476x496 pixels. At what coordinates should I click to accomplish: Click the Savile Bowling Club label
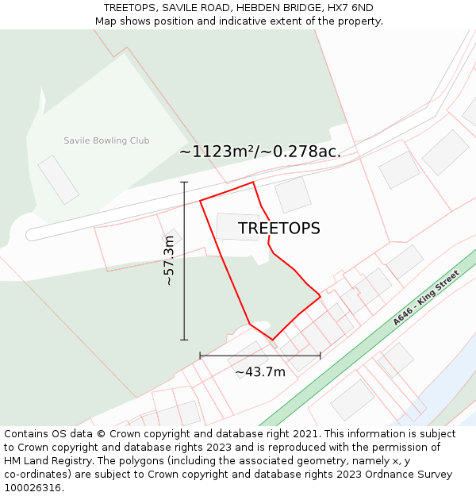click(106, 140)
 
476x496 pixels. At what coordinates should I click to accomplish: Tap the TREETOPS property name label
click(279, 229)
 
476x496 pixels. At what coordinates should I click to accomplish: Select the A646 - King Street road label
click(426, 298)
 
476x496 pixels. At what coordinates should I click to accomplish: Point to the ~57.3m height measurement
click(169, 265)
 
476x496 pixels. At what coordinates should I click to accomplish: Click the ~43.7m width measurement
click(260, 371)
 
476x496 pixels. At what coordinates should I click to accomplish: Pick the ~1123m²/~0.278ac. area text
click(260, 152)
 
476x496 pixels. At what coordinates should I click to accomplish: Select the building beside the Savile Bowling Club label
click(59, 179)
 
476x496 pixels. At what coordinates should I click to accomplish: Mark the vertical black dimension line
click(184, 261)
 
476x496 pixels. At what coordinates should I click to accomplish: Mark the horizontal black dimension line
click(260, 356)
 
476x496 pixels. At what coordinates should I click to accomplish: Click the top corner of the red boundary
click(253, 183)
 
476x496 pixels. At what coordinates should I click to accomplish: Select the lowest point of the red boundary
click(273, 340)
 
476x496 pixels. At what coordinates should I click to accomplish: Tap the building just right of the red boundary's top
click(293, 194)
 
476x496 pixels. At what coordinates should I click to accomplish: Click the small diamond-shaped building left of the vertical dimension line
click(172, 237)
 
